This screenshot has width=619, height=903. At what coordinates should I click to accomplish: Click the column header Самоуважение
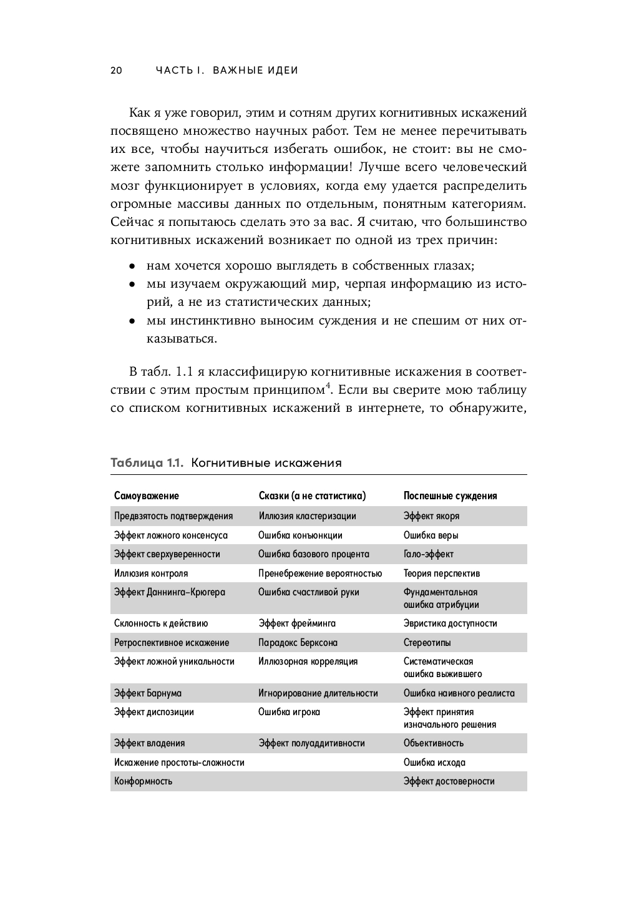pyautogui.click(x=147, y=496)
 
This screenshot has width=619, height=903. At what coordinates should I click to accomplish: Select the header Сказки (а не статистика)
pyautogui.click(x=312, y=496)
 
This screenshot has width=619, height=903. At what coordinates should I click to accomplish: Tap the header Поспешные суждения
pyautogui.click(x=450, y=496)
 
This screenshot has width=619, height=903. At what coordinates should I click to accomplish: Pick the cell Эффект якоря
pyautogui.click(x=431, y=516)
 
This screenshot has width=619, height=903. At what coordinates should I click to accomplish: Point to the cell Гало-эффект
pyautogui.click(x=428, y=554)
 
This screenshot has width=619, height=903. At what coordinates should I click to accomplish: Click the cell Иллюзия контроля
pyautogui.click(x=151, y=573)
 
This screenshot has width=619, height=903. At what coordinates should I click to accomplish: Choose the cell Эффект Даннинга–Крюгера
pyautogui.click(x=170, y=592)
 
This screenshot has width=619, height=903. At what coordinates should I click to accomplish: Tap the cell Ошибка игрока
pyautogui.click(x=289, y=712)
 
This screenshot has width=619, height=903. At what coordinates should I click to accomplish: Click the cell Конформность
pyautogui.click(x=144, y=781)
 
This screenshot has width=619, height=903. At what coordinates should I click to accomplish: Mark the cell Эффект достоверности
pyautogui.click(x=449, y=781)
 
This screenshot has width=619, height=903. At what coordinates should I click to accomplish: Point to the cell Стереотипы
pyautogui.click(x=427, y=643)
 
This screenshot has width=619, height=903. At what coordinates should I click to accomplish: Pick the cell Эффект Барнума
pyautogui.click(x=148, y=693)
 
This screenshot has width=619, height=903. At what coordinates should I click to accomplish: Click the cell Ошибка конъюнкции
pyautogui.click(x=300, y=535)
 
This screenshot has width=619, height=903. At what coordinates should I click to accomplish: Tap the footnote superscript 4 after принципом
pyautogui.click(x=328, y=385)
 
